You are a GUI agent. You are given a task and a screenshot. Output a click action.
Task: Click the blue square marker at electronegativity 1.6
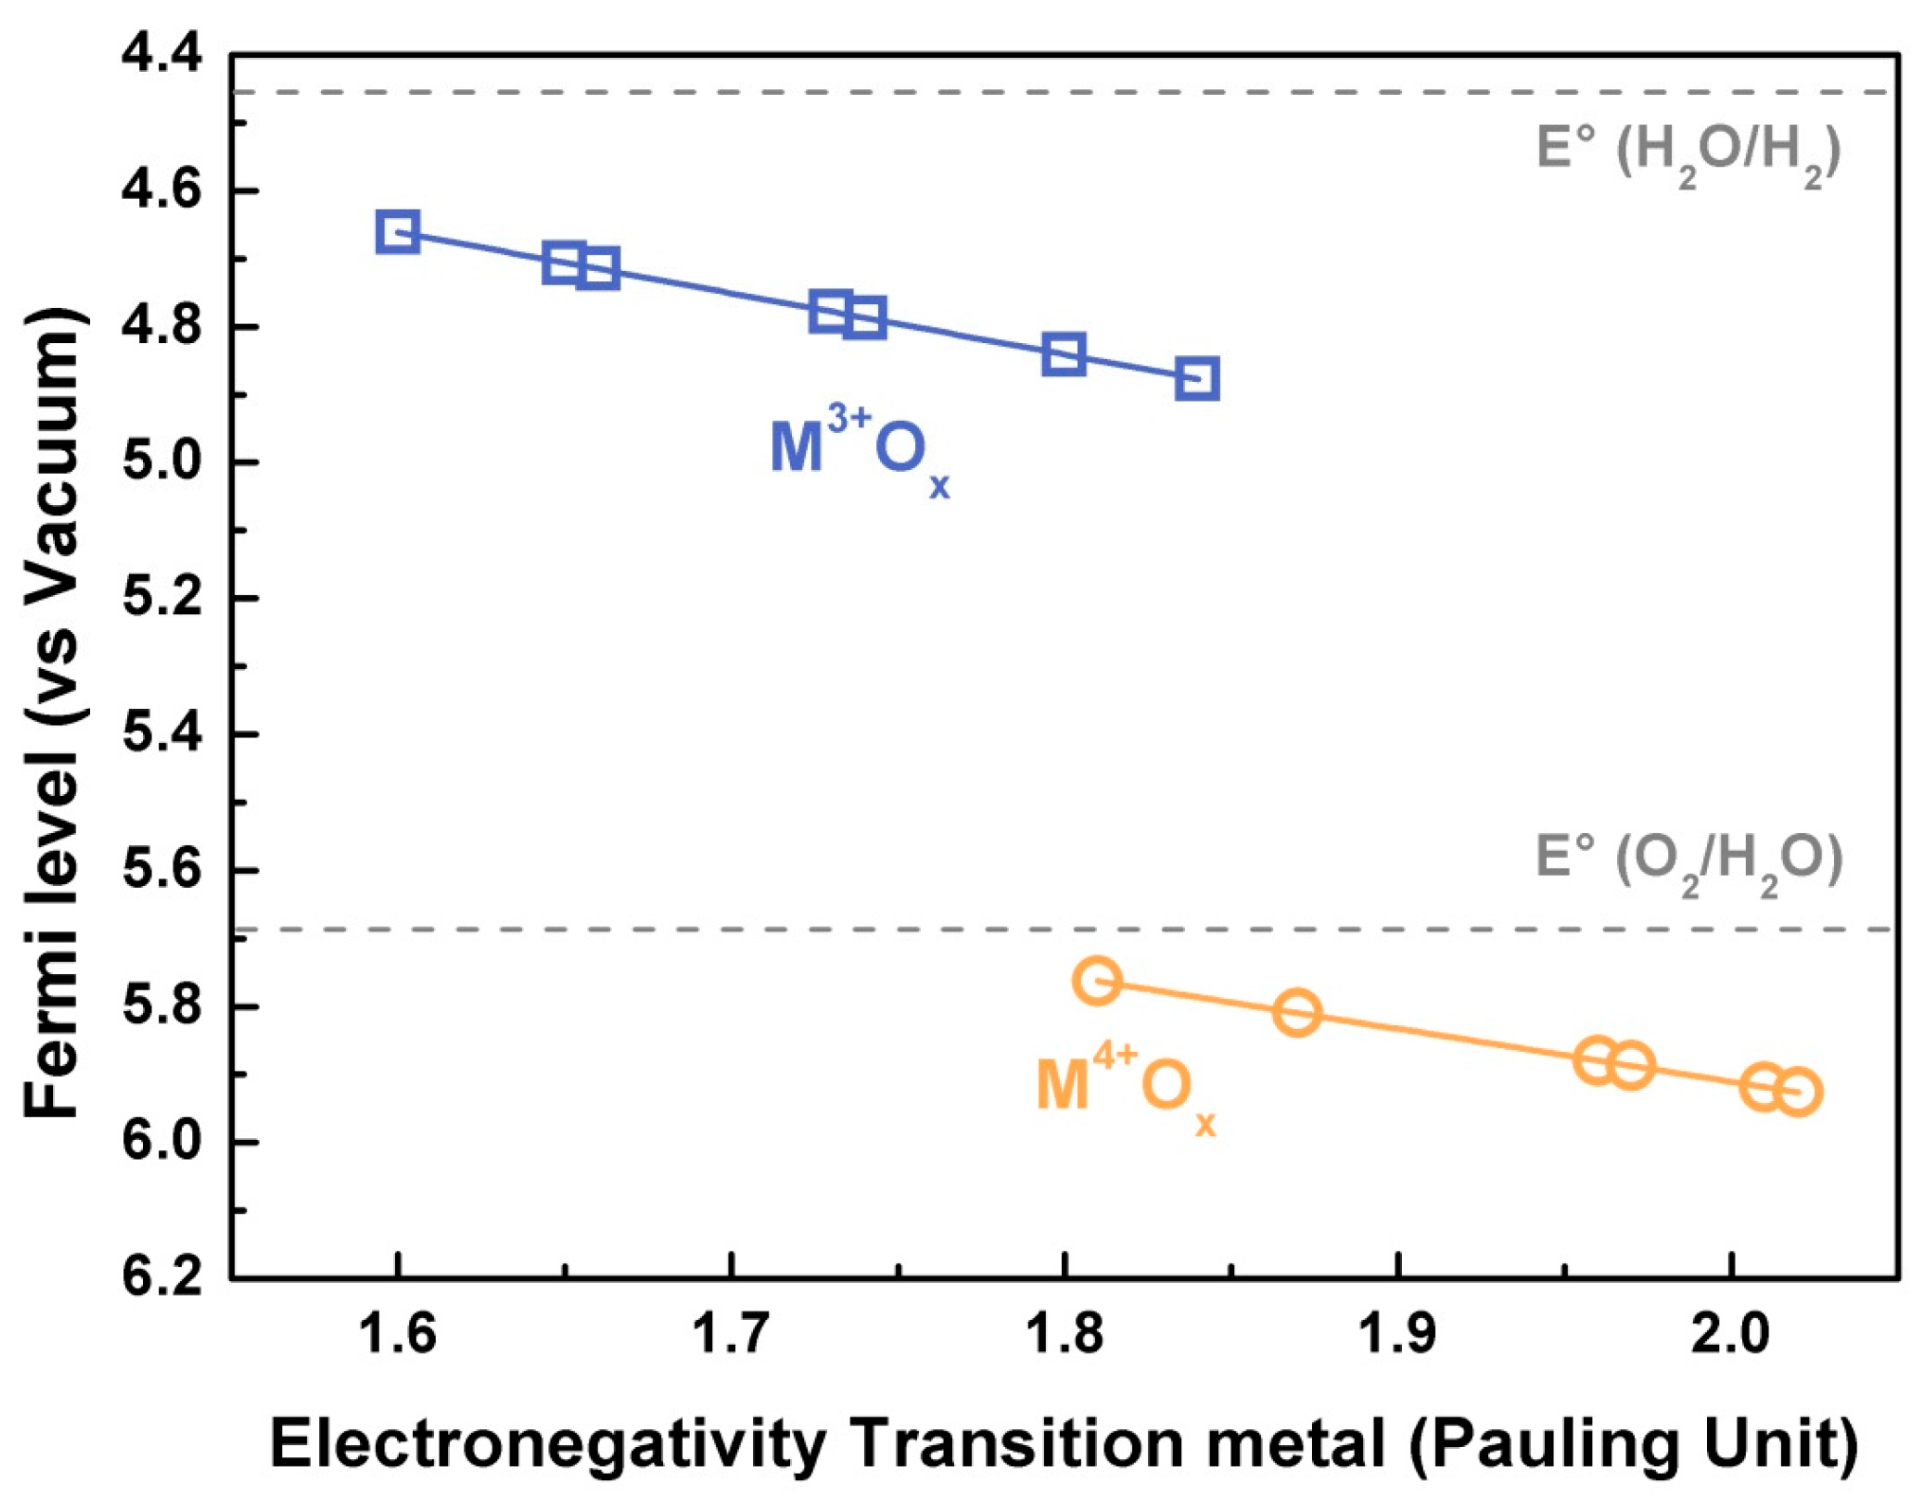coord(398,232)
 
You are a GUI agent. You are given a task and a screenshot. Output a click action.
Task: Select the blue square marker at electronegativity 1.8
coord(1064,354)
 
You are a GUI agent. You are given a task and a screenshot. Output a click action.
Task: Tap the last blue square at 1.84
coord(1197,379)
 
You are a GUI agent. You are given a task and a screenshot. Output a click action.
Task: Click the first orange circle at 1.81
coord(1098,980)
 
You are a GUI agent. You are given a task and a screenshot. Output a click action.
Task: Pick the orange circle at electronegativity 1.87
coord(1297,1012)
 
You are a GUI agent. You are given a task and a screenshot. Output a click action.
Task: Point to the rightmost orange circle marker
coord(1797,1093)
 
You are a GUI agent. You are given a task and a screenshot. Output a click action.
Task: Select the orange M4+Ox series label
coord(1124,1086)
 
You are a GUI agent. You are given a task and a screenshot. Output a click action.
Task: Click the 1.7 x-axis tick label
coord(729,1334)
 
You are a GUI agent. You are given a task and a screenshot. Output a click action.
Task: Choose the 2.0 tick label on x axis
coord(1730,1334)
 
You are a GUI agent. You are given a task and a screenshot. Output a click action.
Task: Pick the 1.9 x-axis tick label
coord(1396,1334)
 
